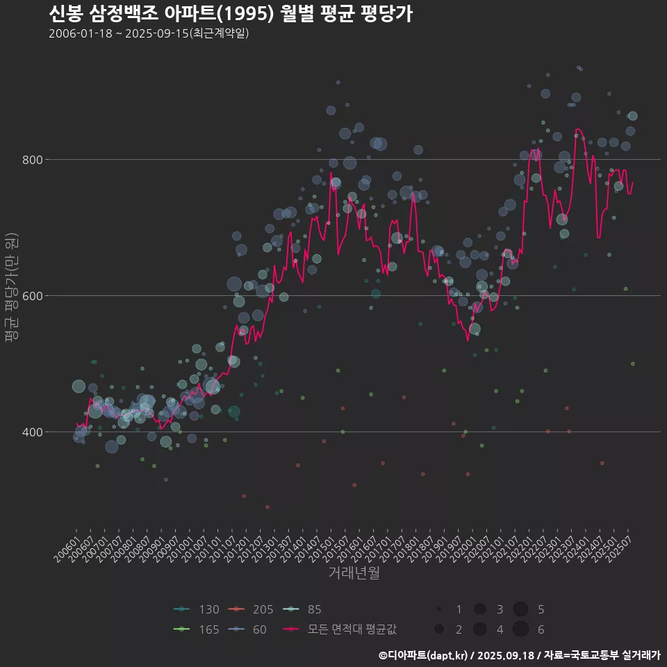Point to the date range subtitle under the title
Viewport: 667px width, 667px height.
149,34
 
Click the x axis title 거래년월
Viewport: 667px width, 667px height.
354,573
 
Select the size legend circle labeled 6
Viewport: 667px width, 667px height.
521,629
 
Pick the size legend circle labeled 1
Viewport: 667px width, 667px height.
439,609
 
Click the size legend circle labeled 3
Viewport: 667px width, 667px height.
479,609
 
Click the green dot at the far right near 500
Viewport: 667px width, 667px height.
632,363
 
